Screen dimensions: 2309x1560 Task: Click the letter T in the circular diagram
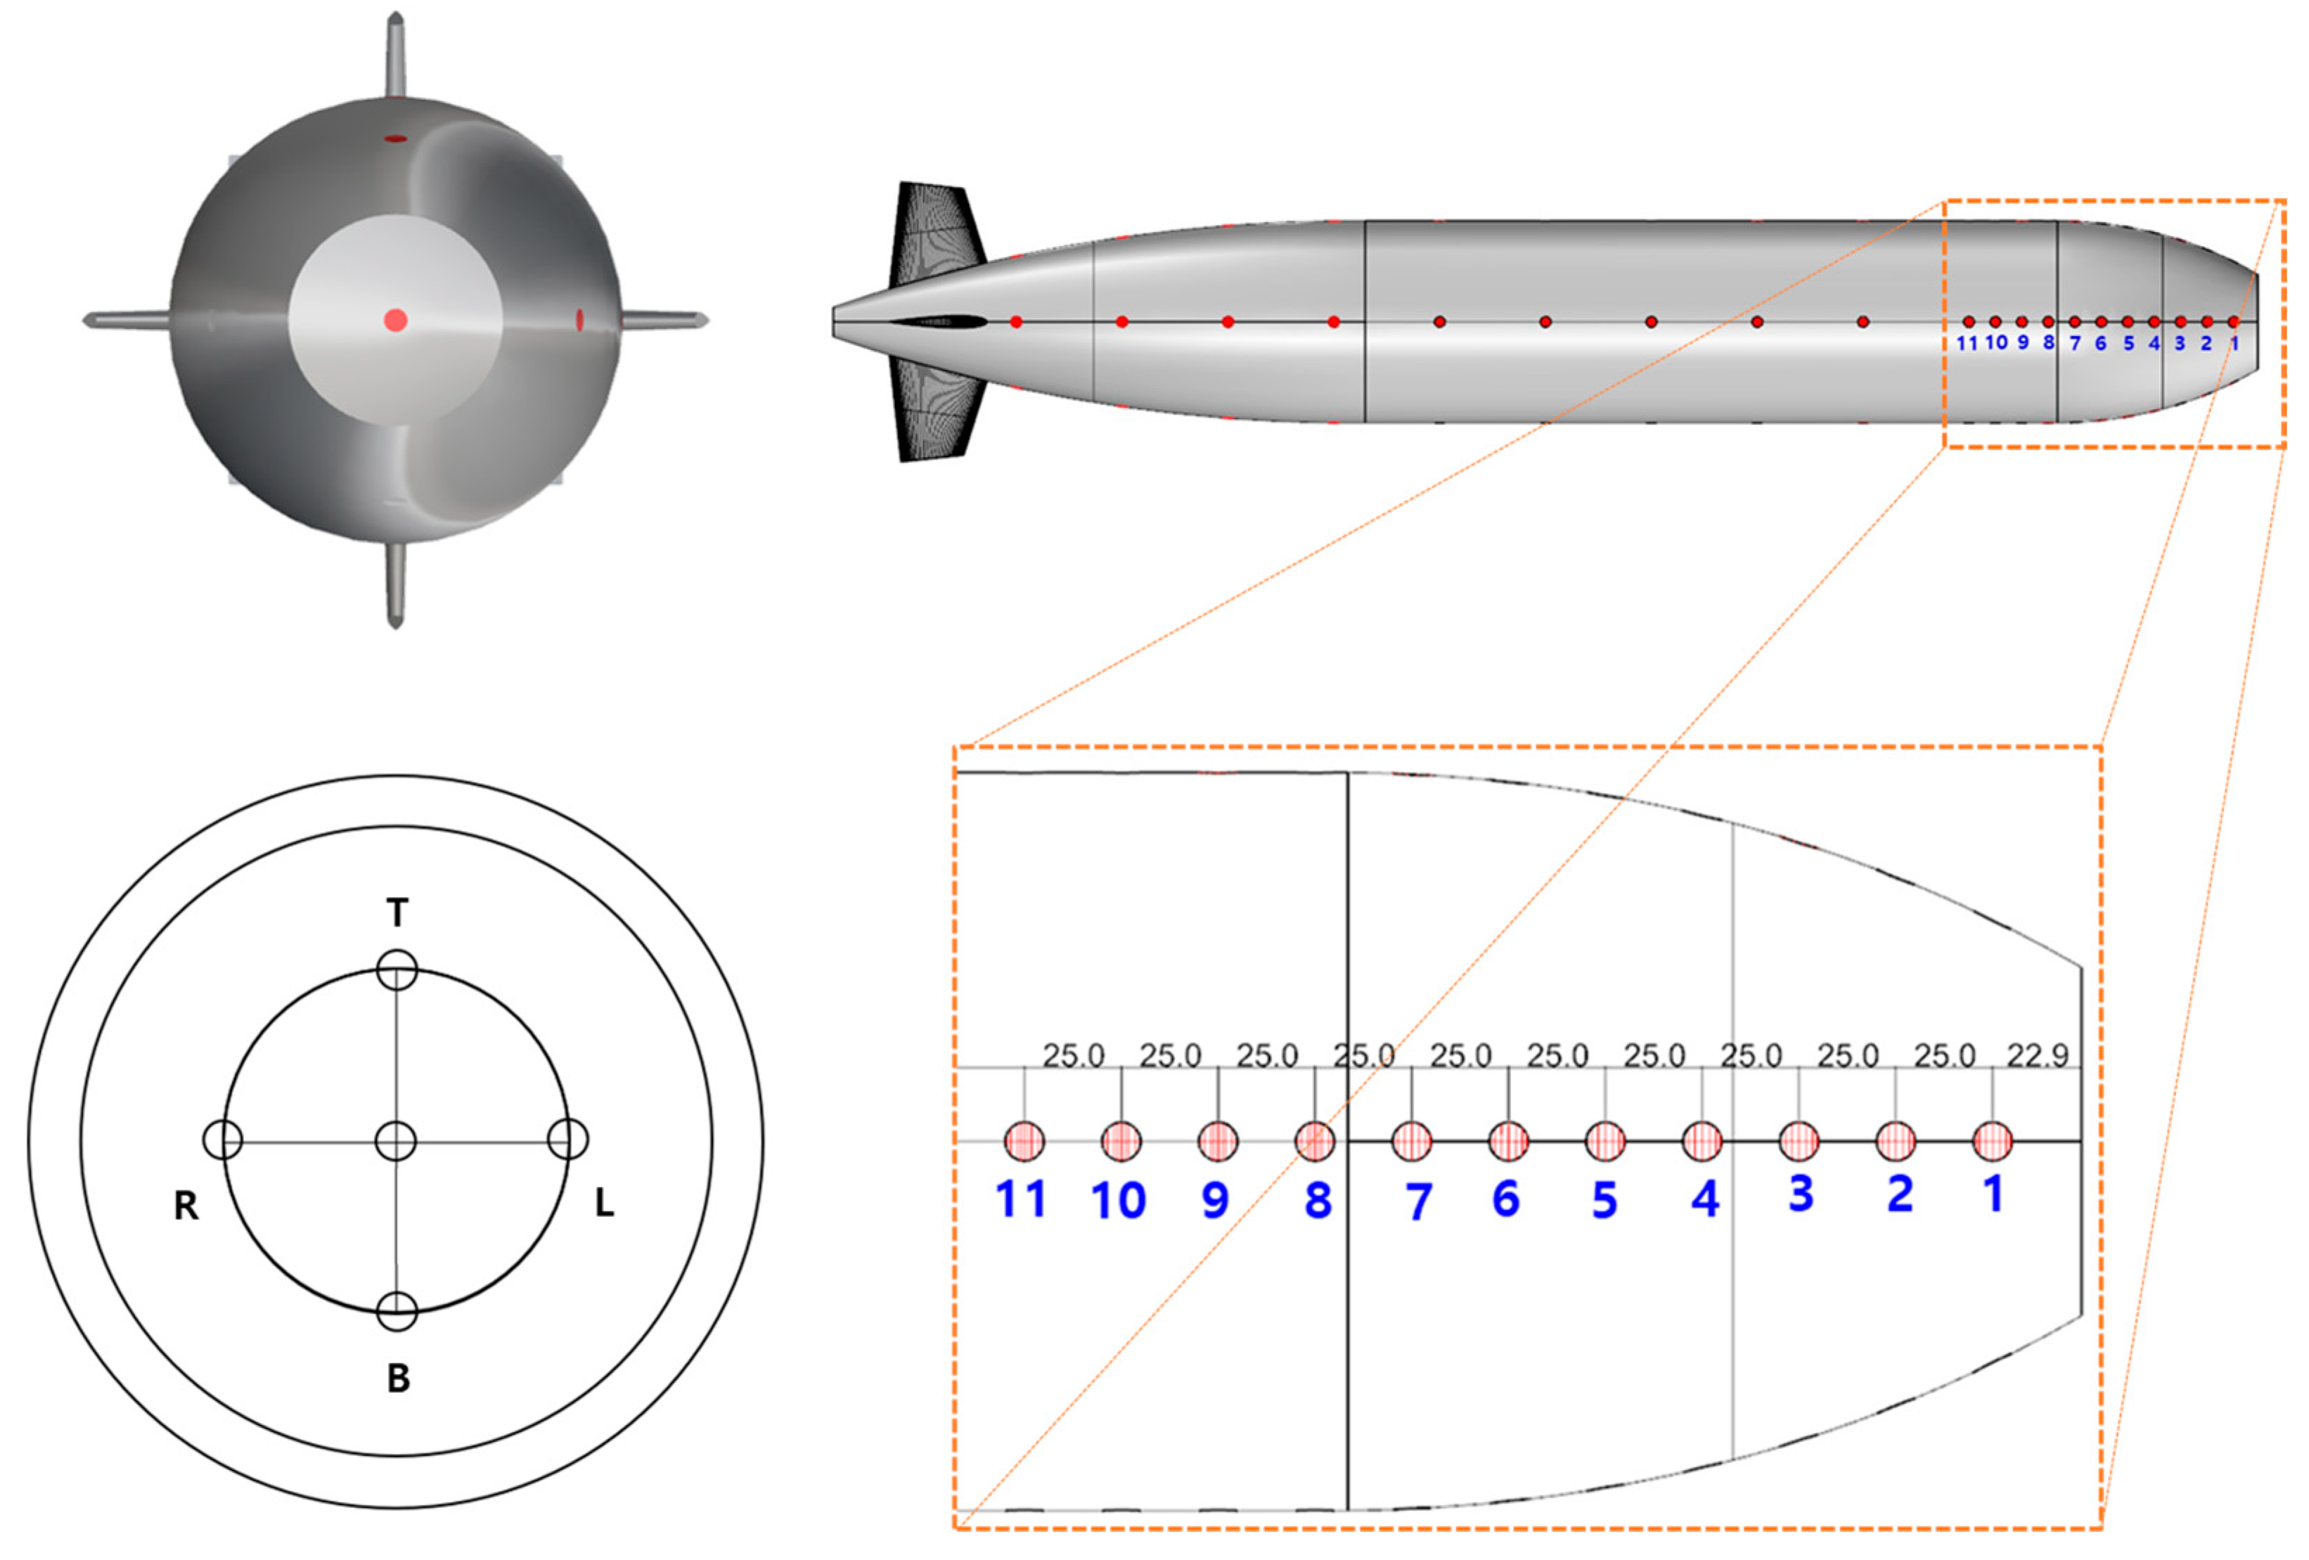[397, 911]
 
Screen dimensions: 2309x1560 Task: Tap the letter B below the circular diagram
[399, 1378]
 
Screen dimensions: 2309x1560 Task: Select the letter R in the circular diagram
[186, 1205]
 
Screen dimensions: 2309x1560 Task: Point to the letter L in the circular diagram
[604, 1204]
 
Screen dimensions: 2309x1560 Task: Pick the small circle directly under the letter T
[397, 969]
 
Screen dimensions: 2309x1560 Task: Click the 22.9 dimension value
[2037, 1055]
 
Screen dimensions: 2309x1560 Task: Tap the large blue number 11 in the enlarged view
[1020, 1199]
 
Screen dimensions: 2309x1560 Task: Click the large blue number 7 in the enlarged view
[1419, 1201]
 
